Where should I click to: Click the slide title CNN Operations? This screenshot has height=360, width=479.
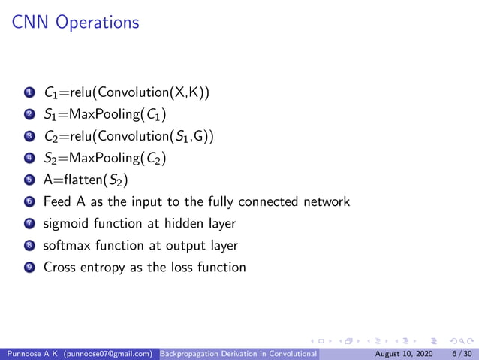tap(76, 23)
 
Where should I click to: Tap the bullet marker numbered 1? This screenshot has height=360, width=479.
tap(29, 93)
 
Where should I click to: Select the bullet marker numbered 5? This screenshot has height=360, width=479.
tap(29, 180)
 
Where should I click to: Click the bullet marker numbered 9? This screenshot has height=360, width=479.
tap(29, 267)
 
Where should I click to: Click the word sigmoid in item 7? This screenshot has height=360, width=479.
tap(67, 224)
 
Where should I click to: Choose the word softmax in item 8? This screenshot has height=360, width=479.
tap(69, 245)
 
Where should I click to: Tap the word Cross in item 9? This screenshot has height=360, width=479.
tap(59, 267)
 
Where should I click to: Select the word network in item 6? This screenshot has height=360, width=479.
tap(326, 201)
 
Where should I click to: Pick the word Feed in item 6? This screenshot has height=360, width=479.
tap(57, 201)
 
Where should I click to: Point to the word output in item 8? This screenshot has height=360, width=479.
tap(188, 246)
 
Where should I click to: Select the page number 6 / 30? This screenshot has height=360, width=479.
tap(460, 353)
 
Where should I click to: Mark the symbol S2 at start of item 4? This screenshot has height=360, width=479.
tap(50, 159)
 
